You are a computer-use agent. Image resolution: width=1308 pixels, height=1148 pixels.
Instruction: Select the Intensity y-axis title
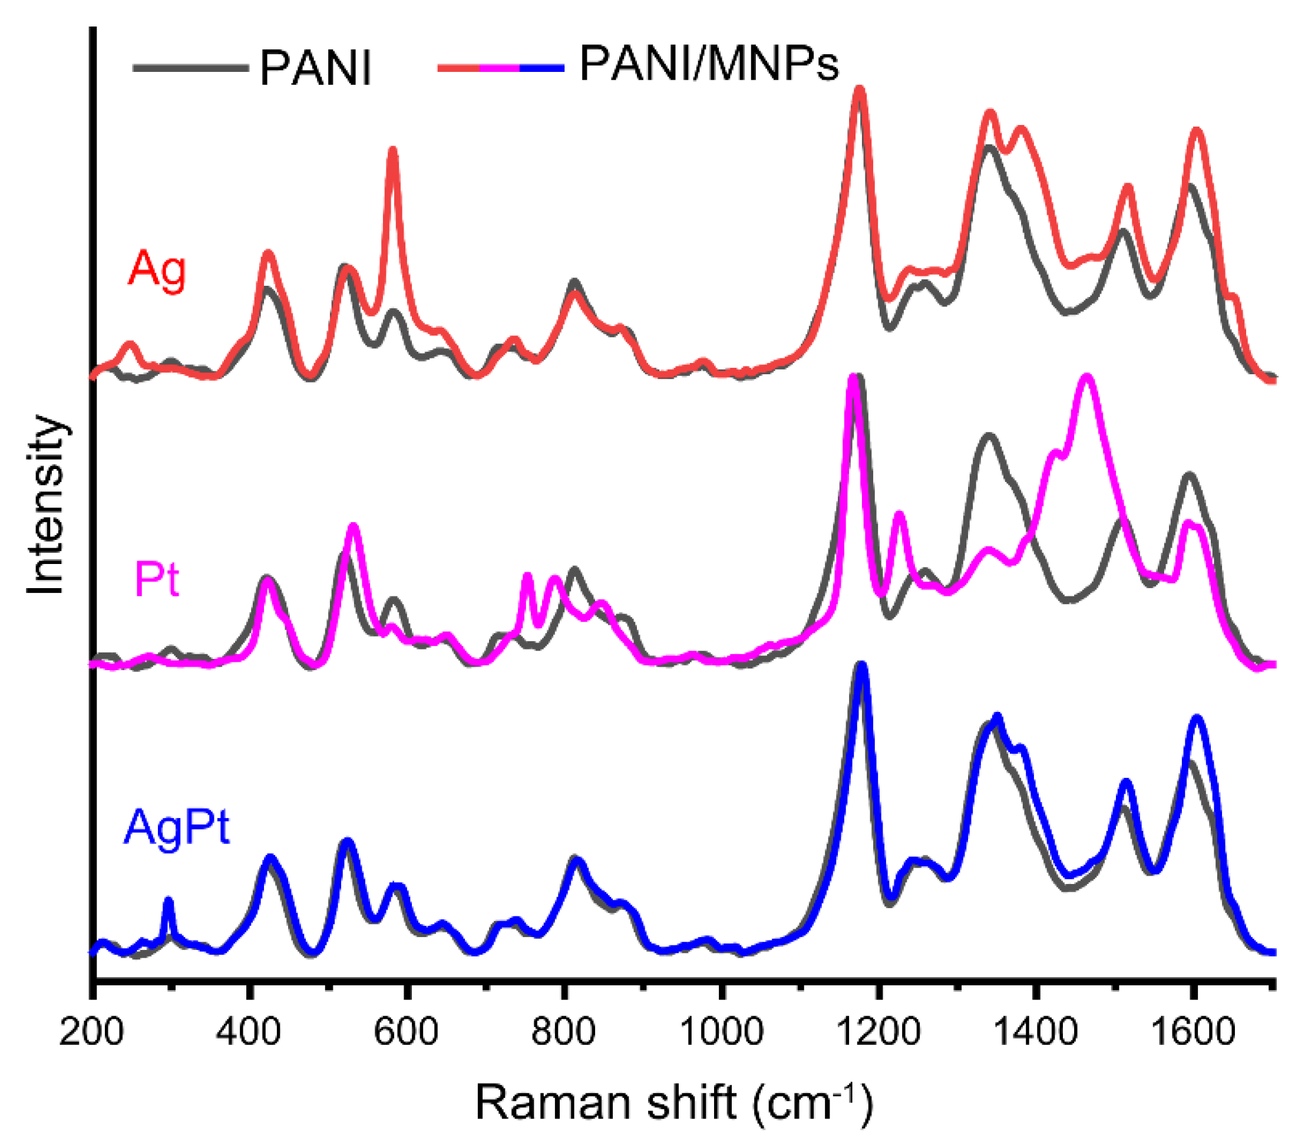(46, 506)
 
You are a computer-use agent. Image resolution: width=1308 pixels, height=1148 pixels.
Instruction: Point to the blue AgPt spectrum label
(176, 829)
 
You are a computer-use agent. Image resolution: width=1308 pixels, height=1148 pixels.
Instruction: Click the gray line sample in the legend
(190, 67)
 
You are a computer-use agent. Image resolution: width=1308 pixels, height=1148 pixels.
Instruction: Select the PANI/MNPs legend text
(708, 64)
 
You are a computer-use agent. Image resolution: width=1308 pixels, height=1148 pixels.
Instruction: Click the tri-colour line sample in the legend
(500, 67)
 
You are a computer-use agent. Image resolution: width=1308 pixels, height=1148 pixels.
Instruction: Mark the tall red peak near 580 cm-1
(393, 151)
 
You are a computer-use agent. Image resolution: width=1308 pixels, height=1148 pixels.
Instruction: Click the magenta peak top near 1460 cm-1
(1086, 379)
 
